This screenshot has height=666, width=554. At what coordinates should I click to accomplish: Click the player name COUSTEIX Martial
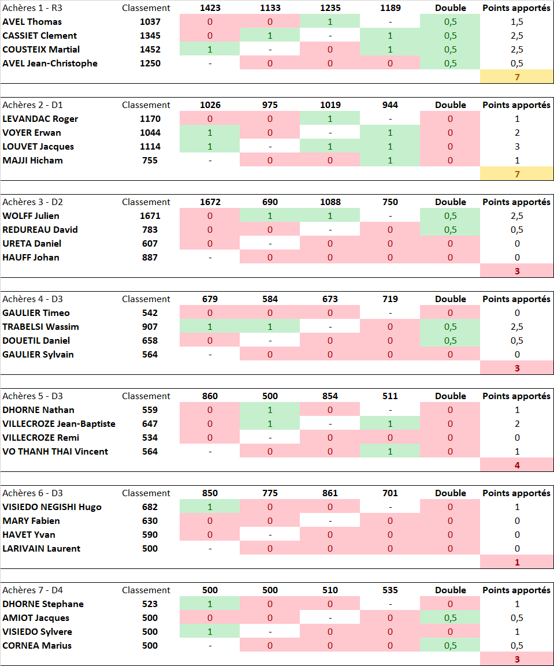pyautogui.click(x=41, y=50)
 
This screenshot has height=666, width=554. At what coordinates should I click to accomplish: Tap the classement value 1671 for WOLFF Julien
pyautogui.click(x=150, y=216)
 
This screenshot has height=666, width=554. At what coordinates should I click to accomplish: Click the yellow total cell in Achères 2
pyautogui.click(x=516, y=174)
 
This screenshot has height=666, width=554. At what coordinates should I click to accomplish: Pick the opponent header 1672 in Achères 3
pyautogui.click(x=210, y=202)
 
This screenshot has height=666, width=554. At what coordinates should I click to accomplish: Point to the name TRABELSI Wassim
pyautogui.click(x=40, y=327)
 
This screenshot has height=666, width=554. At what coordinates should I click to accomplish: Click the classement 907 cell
pyautogui.click(x=150, y=327)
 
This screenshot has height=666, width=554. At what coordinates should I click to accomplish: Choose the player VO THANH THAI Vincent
pyautogui.click(x=55, y=452)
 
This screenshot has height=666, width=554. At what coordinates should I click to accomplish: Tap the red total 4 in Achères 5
pyautogui.click(x=516, y=465)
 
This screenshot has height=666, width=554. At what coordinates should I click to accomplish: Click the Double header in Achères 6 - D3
pyautogui.click(x=451, y=493)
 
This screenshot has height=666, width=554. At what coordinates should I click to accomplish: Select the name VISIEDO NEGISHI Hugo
pyautogui.click(x=52, y=507)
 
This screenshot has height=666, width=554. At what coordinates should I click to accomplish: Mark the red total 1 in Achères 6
pyautogui.click(x=516, y=562)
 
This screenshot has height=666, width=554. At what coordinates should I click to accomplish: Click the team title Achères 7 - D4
pyautogui.click(x=32, y=590)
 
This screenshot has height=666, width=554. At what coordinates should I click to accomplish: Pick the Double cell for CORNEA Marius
pyautogui.click(x=451, y=646)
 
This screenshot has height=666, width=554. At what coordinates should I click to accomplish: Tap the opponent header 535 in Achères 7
pyautogui.click(x=390, y=590)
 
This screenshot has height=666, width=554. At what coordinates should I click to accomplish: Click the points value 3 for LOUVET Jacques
pyautogui.click(x=516, y=147)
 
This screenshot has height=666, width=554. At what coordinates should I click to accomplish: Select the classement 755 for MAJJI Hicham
pyautogui.click(x=150, y=161)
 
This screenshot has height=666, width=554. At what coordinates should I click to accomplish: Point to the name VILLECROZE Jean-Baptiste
pyautogui.click(x=59, y=424)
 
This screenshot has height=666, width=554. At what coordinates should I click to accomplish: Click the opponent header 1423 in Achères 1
pyautogui.click(x=210, y=8)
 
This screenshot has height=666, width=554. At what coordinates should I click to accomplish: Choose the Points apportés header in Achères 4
pyautogui.click(x=516, y=299)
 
